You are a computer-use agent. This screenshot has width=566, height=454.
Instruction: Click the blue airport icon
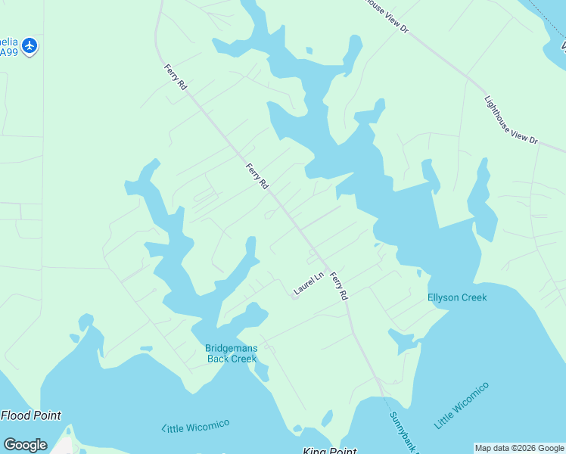(30, 46)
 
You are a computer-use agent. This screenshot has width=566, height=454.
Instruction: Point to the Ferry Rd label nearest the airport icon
(176, 79)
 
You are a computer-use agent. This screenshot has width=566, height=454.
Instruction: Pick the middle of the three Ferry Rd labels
(257, 176)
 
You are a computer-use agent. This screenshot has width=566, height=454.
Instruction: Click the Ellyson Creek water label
(457, 297)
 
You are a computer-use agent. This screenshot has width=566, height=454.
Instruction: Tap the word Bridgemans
(232, 348)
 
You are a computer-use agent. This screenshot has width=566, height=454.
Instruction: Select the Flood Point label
(31, 415)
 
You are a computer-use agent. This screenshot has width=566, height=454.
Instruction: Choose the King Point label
(329, 452)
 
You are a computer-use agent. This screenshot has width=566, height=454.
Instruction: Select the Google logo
(25, 445)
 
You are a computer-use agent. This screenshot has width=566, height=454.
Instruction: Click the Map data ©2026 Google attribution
(519, 448)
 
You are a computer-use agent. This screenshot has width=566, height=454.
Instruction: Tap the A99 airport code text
(8, 52)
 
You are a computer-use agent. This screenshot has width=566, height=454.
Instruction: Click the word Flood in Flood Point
(16, 415)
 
